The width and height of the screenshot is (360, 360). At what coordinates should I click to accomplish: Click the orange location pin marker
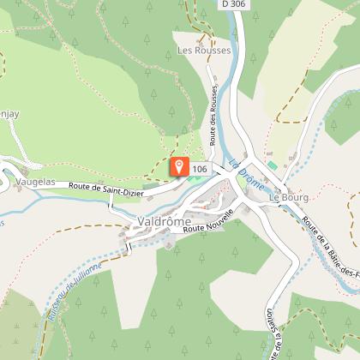pos(179,165)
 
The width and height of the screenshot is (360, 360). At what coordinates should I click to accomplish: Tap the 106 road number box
pos(201,169)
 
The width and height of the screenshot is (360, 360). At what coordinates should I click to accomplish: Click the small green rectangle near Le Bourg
pos(273,164)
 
